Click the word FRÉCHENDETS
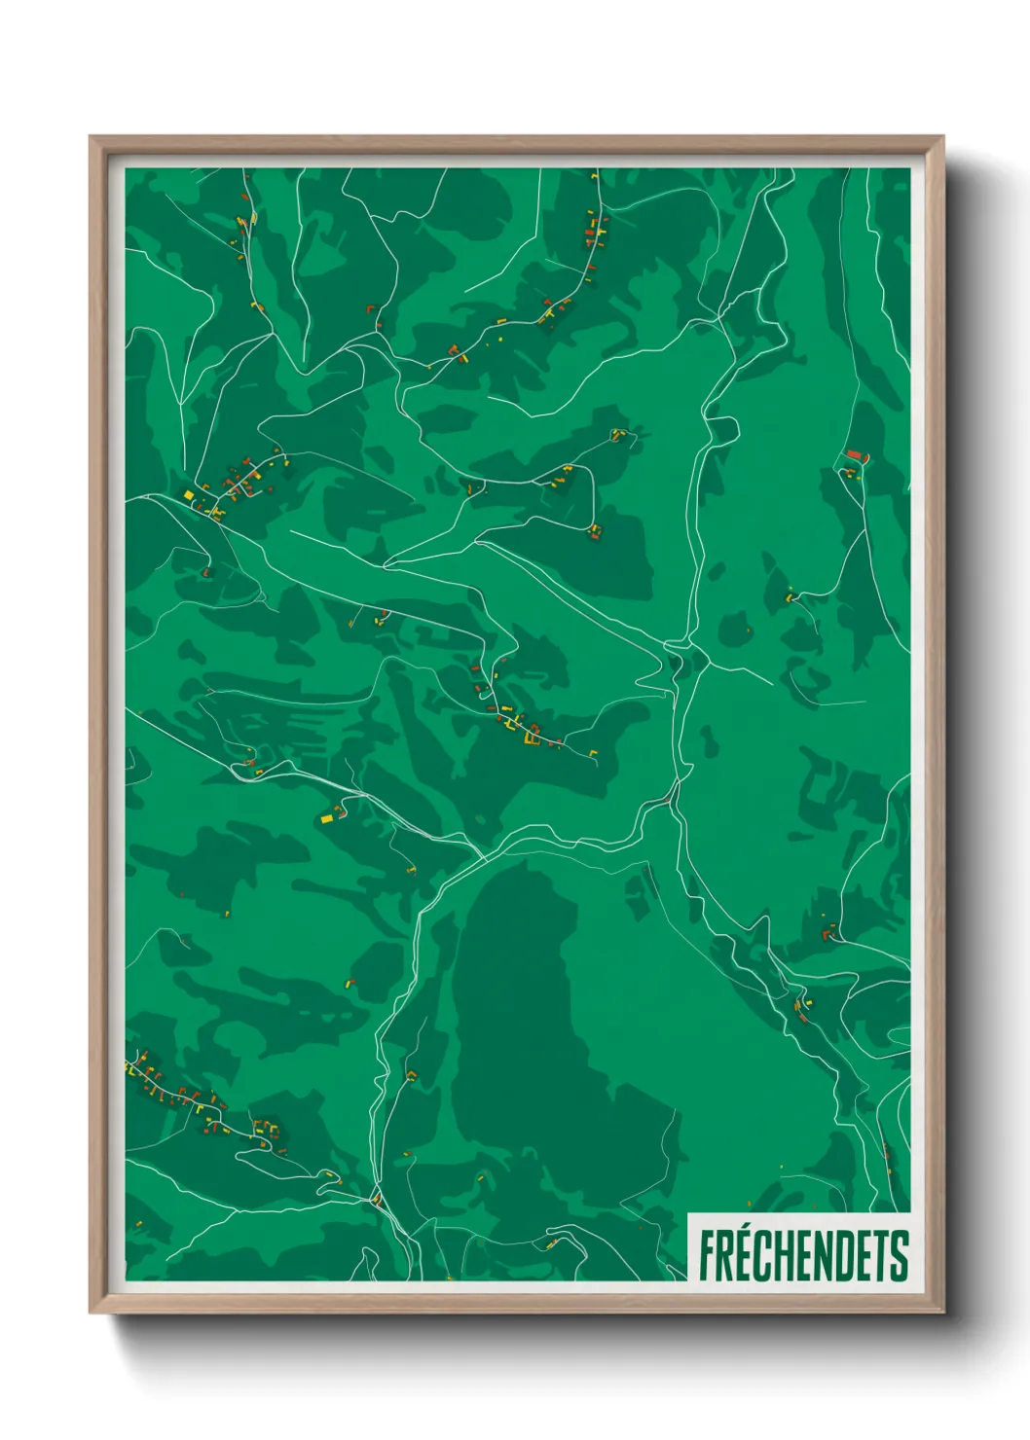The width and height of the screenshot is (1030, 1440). click(x=803, y=1255)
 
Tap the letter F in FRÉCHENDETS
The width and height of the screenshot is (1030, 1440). click(x=707, y=1255)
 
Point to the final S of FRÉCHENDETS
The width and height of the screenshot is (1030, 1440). click(x=900, y=1255)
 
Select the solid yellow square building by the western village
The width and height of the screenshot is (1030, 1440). click(x=189, y=495)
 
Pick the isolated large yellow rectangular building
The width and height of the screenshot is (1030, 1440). click(x=328, y=819)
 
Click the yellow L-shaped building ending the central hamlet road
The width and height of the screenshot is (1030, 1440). click(x=593, y=752)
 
